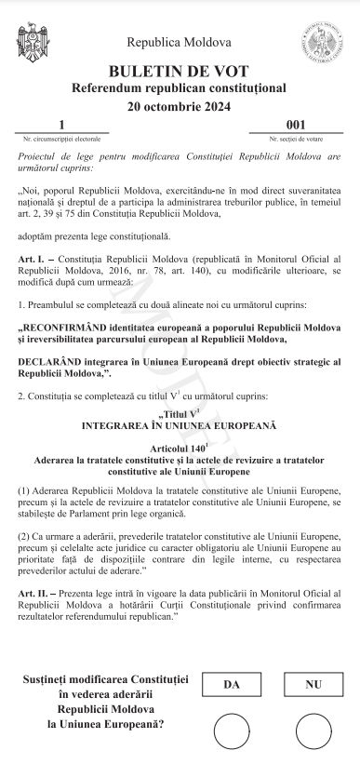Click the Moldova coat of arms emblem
click(35, 43)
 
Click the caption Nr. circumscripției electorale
click(61, 138)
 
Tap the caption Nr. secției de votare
click(296, 138)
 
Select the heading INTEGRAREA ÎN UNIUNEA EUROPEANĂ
click(180, 425)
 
